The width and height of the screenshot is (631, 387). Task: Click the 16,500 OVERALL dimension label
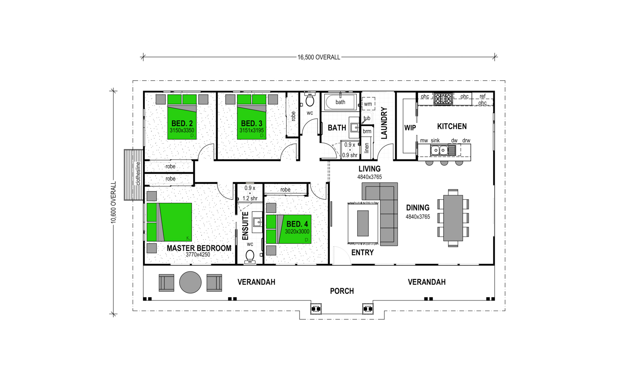coord(319,58)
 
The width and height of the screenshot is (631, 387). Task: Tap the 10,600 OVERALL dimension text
coord(113,203)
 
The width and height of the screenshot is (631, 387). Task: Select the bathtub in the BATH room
coord(340,102)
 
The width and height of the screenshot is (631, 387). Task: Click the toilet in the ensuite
coord(250,256)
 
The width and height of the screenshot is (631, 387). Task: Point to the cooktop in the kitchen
coord(443,99)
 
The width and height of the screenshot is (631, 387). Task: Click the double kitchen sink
coord(439,150)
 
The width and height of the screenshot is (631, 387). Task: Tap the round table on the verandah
coord(191,282)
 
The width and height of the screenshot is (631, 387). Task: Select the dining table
coord(453,218)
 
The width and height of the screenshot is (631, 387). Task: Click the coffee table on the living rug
coord(363,223)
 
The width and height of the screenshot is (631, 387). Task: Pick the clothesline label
coord(138,174)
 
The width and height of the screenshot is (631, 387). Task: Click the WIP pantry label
coord(410,128)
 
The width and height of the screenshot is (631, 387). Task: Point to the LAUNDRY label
coord(384,123)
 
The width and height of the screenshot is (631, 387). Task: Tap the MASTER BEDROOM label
coord(199,248)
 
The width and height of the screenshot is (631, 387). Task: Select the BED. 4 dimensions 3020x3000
coord(297,232)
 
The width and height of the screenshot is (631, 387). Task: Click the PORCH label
coord(342,291)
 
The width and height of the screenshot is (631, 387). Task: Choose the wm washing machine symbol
coord(368,104)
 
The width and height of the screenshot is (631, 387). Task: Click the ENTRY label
coord(363,253)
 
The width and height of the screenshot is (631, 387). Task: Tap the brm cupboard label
coord(367,132)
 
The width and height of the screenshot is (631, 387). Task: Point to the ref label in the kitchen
coord(483,96)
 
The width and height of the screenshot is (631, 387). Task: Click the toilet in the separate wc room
coord(310,99)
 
